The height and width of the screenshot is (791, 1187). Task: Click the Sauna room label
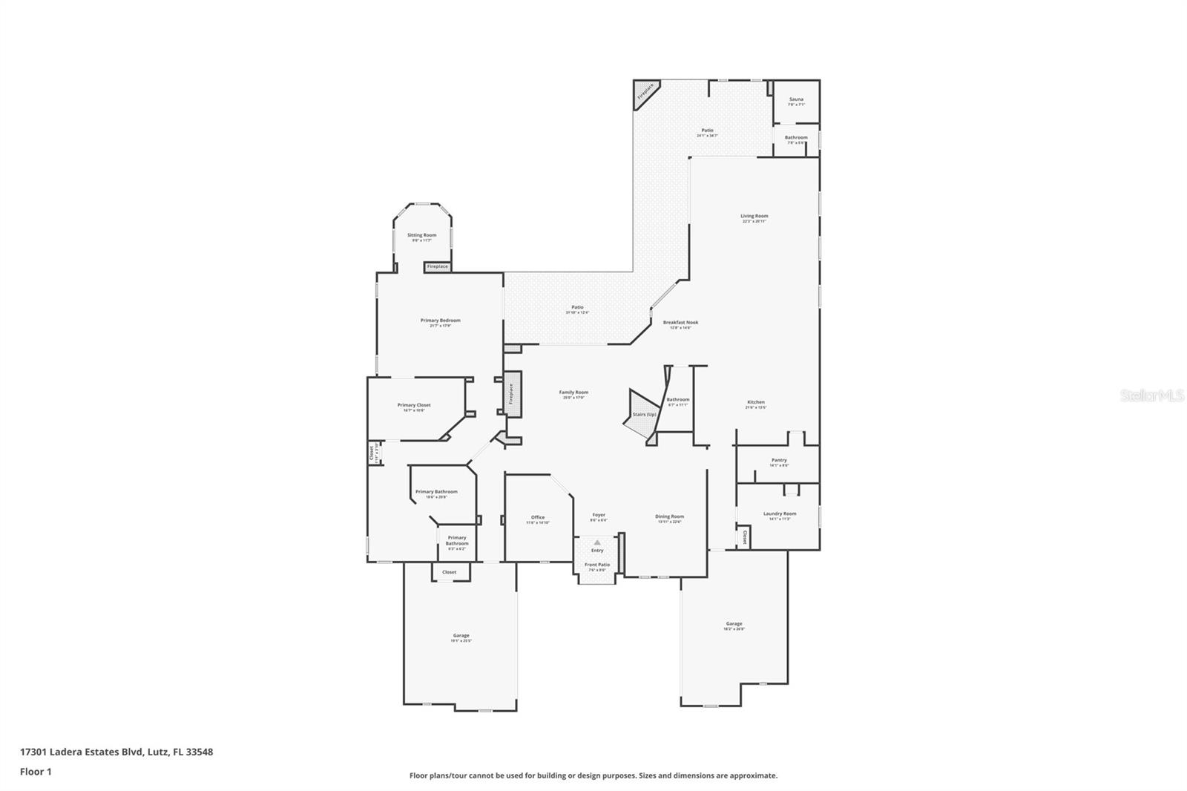(x=796, y=99)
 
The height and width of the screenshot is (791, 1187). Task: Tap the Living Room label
(x=754, y=217)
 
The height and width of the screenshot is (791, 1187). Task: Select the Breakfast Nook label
(x=680, y=323)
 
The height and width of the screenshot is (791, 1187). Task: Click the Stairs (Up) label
(x=643, y=415)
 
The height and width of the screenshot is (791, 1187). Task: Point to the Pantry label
(x=779, y=460)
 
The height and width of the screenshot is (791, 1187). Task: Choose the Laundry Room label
(x=780, y=513)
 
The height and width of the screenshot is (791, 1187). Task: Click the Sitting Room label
(x=421, y=235)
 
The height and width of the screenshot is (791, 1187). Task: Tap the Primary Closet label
(x=414, y=405)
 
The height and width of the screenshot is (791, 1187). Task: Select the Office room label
(x=538, y=517)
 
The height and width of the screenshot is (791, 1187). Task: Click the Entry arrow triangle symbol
(x=597, y=543)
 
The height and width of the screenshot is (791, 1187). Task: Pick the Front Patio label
(x=597, y=565)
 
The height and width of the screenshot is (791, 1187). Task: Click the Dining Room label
(x=669, y=516)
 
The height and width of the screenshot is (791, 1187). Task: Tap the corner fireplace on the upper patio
(x=645, y=91)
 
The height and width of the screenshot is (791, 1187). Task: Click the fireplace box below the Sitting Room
(x=438, y=266)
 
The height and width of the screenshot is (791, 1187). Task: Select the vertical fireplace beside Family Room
(x=512, y=394)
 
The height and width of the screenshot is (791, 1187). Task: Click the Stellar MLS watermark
(x=1152, y=396)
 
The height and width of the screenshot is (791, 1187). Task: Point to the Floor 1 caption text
(x=36, y=772)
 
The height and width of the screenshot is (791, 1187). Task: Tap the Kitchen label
(x=756, y=402)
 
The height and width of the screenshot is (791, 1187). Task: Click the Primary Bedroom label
(x=440, y=321)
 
